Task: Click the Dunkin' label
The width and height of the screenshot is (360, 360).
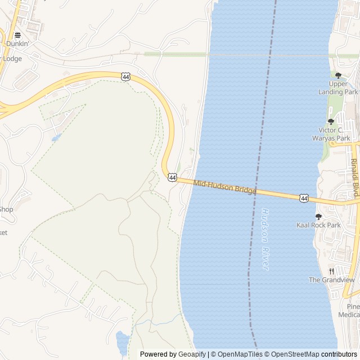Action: coord(17,43)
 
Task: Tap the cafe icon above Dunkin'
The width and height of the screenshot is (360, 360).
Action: coord(17,35)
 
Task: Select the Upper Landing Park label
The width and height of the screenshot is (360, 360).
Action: coord(343,88)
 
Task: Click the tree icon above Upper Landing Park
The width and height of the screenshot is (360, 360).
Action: coord(338,75)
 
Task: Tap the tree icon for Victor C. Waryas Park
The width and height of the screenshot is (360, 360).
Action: coord(331,121)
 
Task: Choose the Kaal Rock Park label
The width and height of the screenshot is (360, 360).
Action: coord(318,225)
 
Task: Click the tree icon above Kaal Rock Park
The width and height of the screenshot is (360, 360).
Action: coord(318,217)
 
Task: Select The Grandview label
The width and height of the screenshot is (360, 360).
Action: coord(332,280)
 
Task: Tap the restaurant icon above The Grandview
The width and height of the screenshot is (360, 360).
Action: coord(331,271)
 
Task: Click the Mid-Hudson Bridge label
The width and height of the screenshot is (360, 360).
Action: coord(225,187)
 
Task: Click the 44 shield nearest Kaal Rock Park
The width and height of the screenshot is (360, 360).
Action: coord(304,198)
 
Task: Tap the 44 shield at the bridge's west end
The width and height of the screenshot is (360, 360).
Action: coord(172,177)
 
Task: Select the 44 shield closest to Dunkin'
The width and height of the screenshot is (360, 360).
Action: coord(125,76)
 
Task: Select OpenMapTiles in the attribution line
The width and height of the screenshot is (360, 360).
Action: coord(239,354)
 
